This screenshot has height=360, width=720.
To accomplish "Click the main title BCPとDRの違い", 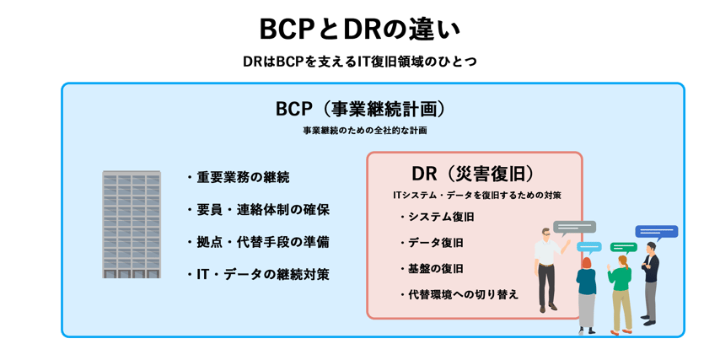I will coord(360,29).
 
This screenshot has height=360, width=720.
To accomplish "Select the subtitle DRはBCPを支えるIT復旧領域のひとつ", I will coord(360,62).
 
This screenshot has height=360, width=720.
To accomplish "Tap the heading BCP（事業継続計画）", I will coord(360,110).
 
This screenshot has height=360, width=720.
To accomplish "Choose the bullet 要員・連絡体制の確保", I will coord(257,209).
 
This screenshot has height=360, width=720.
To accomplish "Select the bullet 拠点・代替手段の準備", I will coord(257,241).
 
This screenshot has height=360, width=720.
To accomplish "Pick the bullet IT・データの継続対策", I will coord(257,273).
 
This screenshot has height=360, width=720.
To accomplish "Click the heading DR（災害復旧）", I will coord(473,174).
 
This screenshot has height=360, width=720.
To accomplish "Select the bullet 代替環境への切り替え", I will coord(458,294).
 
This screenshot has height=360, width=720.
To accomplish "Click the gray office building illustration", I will coord(132,224).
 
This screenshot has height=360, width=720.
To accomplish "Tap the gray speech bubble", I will coord(574,227).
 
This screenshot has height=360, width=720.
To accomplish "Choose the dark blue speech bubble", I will coord(656,231).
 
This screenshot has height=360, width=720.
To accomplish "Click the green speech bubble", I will coord(623,247).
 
